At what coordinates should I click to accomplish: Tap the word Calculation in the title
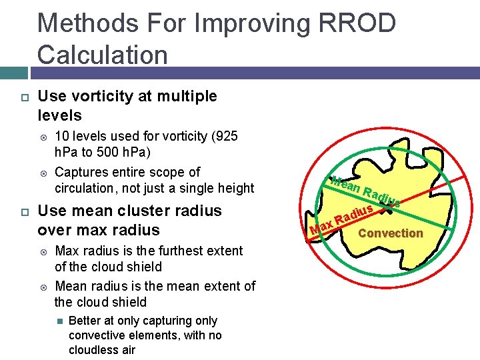tap(103, 55)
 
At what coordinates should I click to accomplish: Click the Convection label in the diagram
tap(390, 233)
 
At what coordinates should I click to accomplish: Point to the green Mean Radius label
tap(363, 191)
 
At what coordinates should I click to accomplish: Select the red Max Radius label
tap(341, 223)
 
